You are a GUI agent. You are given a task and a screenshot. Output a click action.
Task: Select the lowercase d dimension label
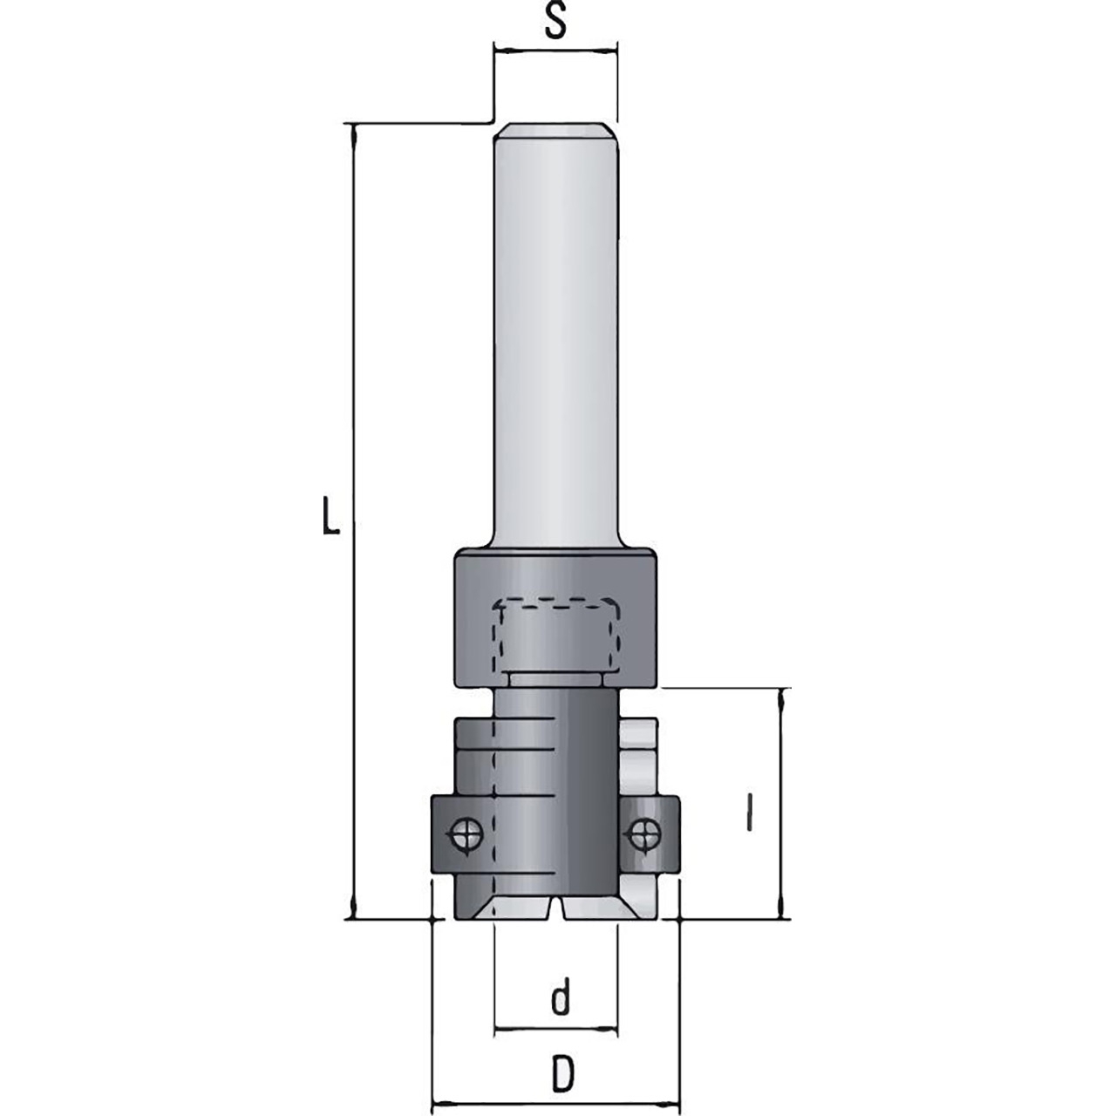click(x=560, y=996)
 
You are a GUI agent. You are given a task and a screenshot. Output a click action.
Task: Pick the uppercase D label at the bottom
click(x=561, y=1058)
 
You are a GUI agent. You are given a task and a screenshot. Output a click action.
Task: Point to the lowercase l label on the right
click(x=750, y=829)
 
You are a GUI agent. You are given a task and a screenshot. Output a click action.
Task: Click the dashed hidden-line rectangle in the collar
click(x=556, y=602)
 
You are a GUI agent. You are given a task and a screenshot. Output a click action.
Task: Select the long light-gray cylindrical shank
click(x=556, y=336)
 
